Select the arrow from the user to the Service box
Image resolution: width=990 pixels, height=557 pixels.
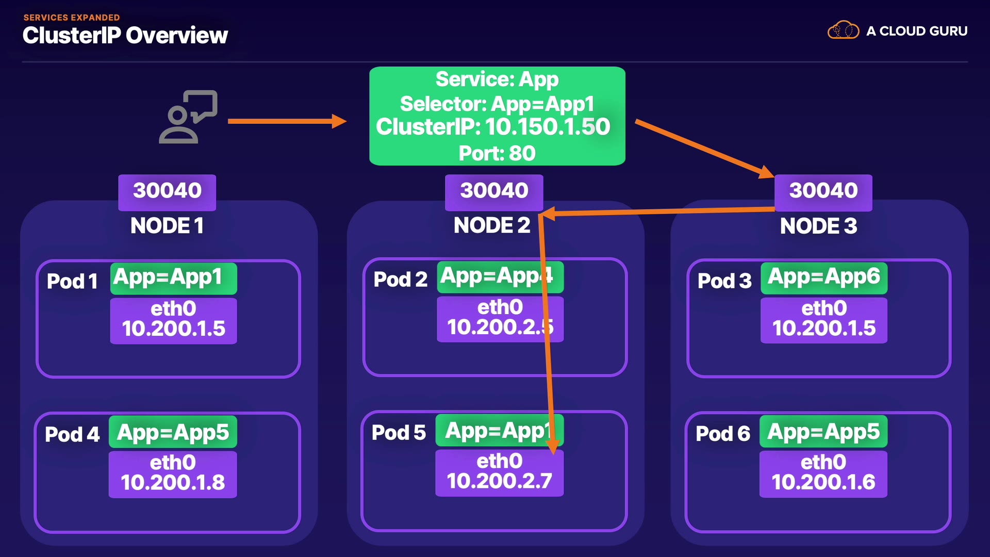point(287,121)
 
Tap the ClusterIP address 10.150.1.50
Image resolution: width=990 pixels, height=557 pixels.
point(547,127)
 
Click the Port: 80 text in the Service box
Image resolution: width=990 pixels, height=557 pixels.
point(497,153)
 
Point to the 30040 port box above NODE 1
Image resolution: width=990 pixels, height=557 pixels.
point(167,192)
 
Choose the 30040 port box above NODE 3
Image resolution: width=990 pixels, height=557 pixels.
point(823,192)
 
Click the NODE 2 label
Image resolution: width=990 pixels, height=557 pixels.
point(492,225)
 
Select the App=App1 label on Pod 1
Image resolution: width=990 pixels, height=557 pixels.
point(174,278)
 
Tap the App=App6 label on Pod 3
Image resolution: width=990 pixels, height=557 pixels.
point(824,278)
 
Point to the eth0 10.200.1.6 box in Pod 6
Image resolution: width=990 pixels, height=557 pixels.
point(823,473)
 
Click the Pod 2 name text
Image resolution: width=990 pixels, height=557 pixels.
point(401,280)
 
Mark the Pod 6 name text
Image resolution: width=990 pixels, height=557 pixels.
point(723,434)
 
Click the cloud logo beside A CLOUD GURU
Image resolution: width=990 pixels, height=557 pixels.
point(843,30)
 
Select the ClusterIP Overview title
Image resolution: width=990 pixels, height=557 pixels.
point(125,36)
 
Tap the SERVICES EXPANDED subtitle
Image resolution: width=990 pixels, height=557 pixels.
point(72,18)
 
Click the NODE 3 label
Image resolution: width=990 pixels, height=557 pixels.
point(818,226)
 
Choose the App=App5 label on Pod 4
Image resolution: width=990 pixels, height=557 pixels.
point(173,432)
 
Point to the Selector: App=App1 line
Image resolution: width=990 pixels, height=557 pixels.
point(497,104)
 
